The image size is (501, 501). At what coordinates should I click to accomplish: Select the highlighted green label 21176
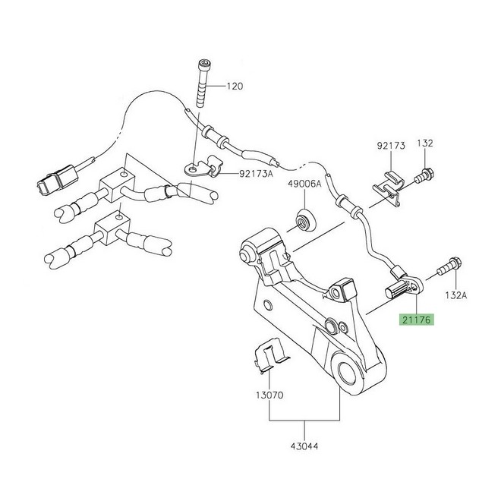(x=416, y=321)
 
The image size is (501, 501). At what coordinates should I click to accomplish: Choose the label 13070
(x=267, y=395)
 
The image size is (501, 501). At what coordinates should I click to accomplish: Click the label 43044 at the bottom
(x=306, y=446)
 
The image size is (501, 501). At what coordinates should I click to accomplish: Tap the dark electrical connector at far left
(x=47, y=183)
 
